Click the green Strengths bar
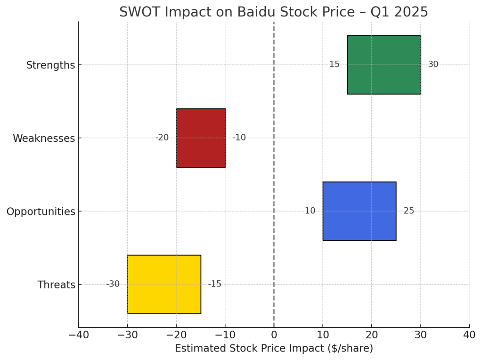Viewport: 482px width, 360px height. click(384, 65)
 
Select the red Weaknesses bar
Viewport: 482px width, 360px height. click(201, 138)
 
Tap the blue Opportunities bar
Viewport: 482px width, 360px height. click(359, 211)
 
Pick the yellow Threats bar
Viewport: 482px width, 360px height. click(164, 284)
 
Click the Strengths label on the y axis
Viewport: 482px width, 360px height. click(50, 65)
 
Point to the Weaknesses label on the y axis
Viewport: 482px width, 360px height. click(44, 139)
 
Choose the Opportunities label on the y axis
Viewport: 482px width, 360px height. click(41, 212)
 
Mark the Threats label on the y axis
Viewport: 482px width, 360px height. click(57, 285)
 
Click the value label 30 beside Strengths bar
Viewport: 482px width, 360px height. click(433, 65)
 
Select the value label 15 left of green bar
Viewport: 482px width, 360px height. click(334, 65)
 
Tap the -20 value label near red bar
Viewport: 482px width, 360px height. click(162, 138)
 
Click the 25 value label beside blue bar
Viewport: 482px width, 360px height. click(408, 211)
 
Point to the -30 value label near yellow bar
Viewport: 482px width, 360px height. click(113, 284)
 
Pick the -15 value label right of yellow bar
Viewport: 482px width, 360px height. click(214, 284)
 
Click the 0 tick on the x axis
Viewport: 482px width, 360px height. click(274, 335)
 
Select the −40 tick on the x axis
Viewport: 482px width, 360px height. click(78, 335)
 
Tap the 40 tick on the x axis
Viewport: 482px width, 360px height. click(469, 335)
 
